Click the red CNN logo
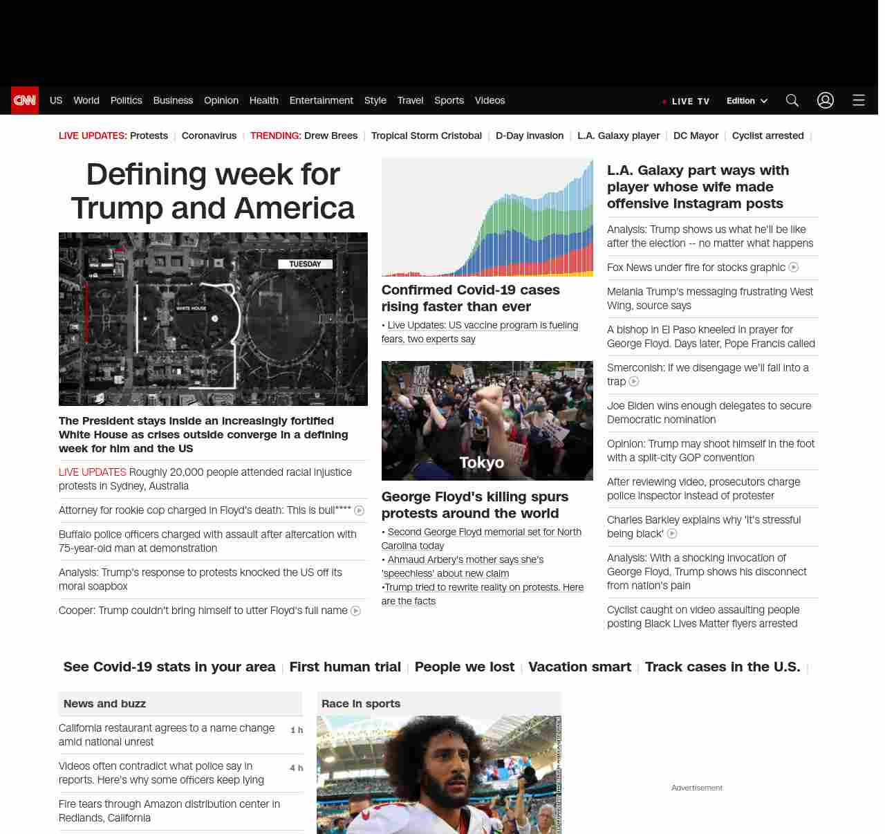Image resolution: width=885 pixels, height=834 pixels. pos(25,100)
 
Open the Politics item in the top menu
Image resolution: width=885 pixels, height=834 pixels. pos(126,100)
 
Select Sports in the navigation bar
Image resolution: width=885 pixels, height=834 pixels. pos(449,100)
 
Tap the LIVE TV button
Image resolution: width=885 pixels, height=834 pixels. pos(686,101)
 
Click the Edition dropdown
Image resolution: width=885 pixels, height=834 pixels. pos(747,101)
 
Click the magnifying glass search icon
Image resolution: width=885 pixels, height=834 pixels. pos(792,100)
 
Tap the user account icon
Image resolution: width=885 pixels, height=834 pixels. pos(826,100)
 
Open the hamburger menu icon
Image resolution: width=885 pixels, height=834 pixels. pos(859,100)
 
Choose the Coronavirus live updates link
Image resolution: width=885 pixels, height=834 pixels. pos(209,136)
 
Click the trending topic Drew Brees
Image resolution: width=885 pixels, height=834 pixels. pos(330,136)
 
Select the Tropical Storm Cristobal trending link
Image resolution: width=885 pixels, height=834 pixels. pos(426,136)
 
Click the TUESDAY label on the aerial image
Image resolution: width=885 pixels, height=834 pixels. pos(305,263)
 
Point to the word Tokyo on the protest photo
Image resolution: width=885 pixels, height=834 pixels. pos(482,463)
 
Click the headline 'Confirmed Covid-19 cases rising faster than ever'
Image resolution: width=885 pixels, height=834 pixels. pos(470,298)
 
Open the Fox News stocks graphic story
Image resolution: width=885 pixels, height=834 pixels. pos(696,268)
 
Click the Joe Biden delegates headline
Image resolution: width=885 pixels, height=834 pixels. pos(709,413)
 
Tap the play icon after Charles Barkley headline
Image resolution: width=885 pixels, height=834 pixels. pos(672,534)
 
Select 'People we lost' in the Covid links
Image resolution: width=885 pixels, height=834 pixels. pos(465,667)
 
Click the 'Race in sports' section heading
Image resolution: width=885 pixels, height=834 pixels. pos(361,703)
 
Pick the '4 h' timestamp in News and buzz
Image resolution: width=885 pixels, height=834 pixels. pos(296,768)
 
